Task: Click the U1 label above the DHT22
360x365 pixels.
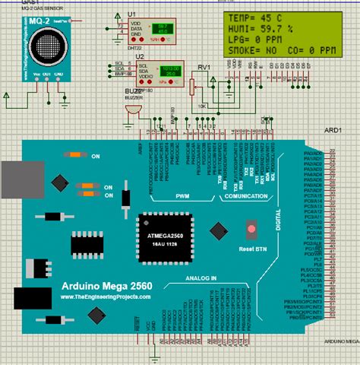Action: pyautogui.click(x=131, y=15)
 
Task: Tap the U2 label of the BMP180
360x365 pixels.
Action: pyautogui.click(x=139, y=57)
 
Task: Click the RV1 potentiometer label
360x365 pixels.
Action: pyautogui.click(x=204, y=67)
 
